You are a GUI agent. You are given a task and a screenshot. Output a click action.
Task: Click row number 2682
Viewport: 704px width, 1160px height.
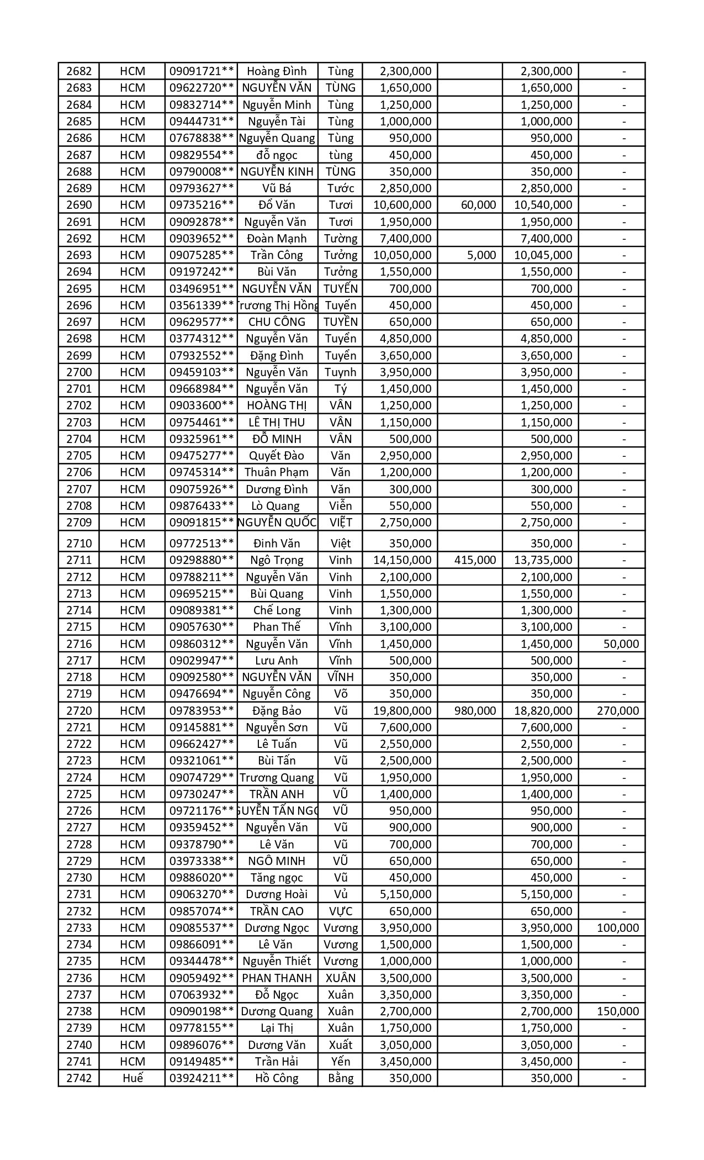point(79,71)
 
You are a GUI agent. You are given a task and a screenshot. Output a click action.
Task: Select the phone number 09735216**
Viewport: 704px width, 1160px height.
point(202,205)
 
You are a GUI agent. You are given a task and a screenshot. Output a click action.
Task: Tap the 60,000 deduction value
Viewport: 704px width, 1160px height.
point(478,205)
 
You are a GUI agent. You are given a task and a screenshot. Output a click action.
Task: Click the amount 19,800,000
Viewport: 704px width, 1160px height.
point(402,711)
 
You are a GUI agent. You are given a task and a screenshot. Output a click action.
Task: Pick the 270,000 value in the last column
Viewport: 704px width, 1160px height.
point(618,711)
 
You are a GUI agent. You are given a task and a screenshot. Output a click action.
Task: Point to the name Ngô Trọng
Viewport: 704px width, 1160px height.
point(277,560)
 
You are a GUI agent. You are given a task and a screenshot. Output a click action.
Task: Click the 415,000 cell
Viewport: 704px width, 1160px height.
point(475,560)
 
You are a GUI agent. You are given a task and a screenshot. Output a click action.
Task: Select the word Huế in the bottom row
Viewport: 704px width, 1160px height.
point(133,1078)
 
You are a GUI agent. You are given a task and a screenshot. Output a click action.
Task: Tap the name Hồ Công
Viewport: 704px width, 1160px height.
point(277,1078)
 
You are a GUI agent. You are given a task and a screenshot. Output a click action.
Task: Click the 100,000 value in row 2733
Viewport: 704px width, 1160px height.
point(618,928)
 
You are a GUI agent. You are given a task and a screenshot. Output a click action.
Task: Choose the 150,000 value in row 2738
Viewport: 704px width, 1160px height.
point(618,1011)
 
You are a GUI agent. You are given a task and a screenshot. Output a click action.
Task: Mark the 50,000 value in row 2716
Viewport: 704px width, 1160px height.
point(621,644)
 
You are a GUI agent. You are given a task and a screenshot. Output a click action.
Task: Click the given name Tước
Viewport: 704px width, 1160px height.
point(341,188)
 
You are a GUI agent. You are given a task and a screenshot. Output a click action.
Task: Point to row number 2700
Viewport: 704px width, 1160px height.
point(79,372)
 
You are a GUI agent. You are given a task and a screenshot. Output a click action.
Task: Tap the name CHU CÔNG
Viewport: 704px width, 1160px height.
point(277,322)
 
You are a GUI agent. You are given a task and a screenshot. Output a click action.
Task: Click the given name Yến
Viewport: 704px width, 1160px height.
point(341,1062)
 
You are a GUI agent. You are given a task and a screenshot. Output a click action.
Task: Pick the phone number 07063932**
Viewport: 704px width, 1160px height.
point(202,995)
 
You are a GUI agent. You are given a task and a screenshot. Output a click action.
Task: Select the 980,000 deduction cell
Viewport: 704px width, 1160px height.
point(475,711)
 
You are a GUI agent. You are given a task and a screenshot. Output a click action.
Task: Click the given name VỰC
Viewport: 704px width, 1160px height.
point(341,911)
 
